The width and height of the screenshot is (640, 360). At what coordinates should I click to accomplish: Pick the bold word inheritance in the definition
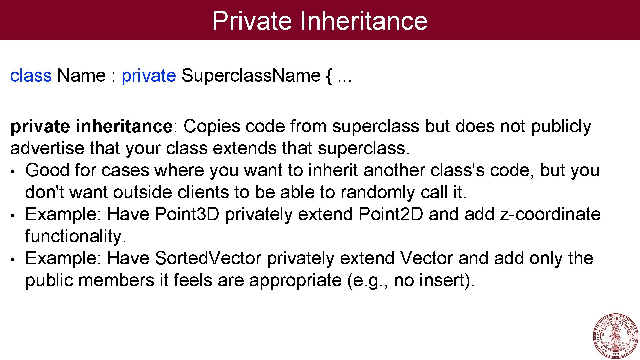tap(124, 126)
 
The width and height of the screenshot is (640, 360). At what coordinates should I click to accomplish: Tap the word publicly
tap(561, 127)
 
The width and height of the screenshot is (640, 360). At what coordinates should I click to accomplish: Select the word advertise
tap(47, 148)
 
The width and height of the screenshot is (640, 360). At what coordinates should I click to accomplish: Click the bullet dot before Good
tap(12, 172)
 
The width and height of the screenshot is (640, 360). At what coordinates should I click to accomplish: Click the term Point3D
tap(187, 214)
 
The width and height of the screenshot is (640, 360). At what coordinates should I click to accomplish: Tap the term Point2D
tap(391, 214)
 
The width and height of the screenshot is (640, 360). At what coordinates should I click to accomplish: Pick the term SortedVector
tap(208, 258)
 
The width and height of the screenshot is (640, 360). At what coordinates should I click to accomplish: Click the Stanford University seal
tap(615, 335)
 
